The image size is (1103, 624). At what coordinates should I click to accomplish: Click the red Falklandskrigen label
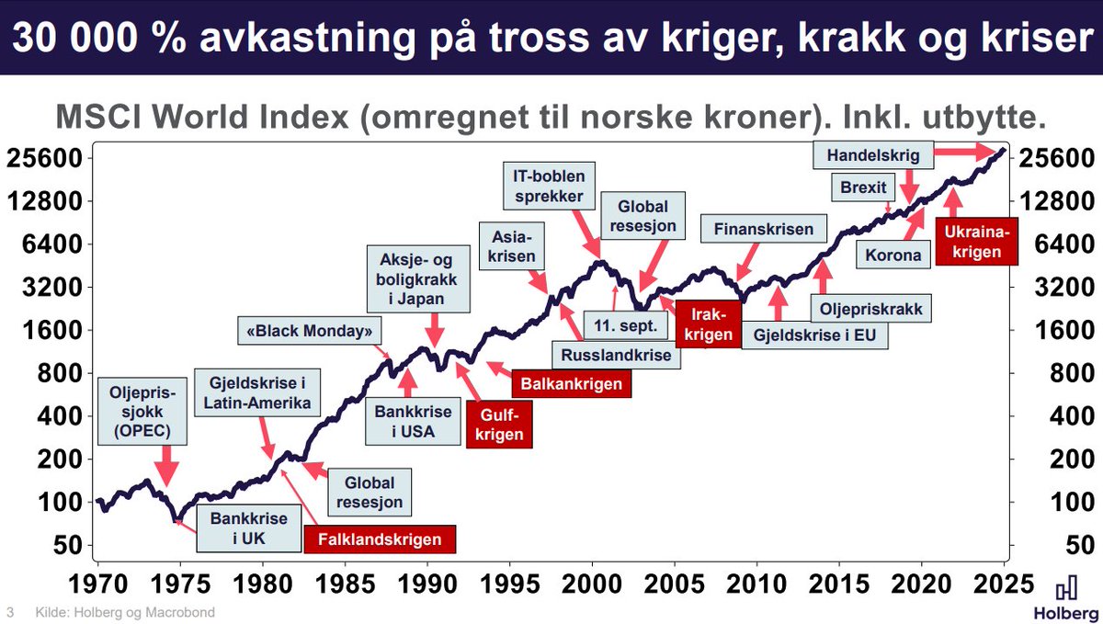[380, 539]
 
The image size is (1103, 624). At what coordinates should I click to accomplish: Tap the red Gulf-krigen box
[500, 425]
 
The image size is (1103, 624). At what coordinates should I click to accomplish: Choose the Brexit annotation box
[863, 188]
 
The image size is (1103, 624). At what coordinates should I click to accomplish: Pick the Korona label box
[891, 255]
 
